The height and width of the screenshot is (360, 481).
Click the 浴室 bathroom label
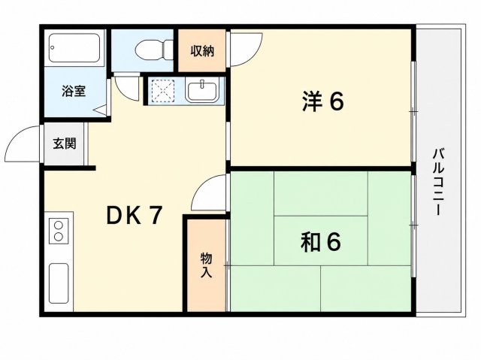(74, 91)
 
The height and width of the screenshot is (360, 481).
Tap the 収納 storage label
(202, 51)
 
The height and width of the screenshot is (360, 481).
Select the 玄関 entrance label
(65, 144)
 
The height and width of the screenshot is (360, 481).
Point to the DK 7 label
(134, 215)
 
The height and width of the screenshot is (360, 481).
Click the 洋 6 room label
(322, 101)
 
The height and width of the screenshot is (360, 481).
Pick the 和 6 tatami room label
(321, 241)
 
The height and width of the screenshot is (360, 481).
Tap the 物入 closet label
(206, 265)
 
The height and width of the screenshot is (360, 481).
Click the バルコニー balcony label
(438, 182)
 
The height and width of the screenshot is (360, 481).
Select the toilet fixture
(154, 50)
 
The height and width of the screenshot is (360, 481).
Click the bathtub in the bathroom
(74, 48)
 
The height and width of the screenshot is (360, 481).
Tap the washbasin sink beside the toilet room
(202, 90)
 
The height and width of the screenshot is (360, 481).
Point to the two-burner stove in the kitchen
(59, 231)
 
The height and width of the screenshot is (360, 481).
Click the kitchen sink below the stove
(59, 283)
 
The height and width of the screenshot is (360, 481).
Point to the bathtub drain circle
(53, 47)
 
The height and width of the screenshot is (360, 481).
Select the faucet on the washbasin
(202, 83)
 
